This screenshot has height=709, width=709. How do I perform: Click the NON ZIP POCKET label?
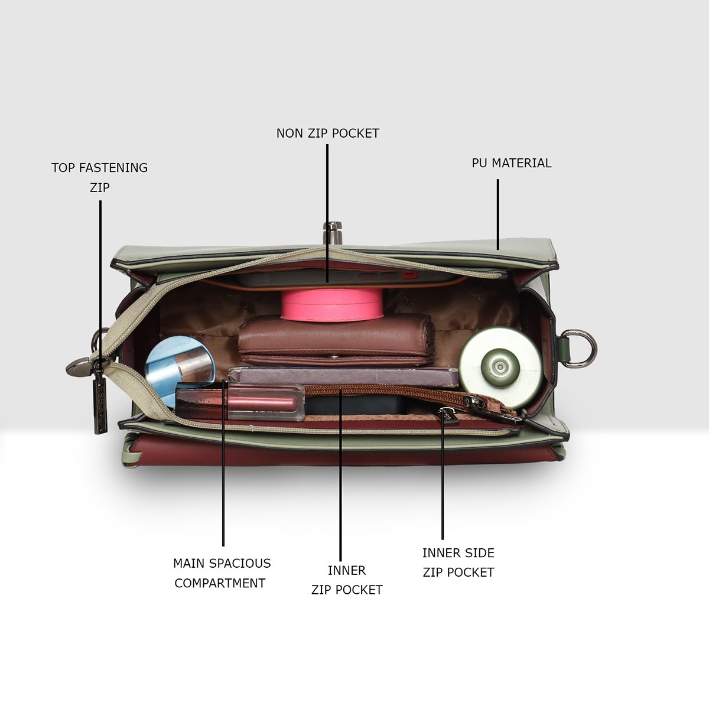328,134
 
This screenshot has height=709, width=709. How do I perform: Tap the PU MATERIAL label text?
512,163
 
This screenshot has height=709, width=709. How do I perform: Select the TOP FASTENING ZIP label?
99,177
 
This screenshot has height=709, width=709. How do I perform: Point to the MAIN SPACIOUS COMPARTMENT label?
222,573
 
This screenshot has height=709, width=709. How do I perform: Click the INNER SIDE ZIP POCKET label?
458,562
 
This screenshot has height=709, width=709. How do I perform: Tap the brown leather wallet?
336,339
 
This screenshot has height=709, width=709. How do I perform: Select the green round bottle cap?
500,366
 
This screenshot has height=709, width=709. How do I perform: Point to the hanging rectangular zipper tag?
100,405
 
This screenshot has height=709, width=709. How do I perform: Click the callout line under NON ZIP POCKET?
327,213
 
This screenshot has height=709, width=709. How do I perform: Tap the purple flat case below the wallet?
343,376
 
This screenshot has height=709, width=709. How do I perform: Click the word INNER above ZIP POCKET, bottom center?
347,571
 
